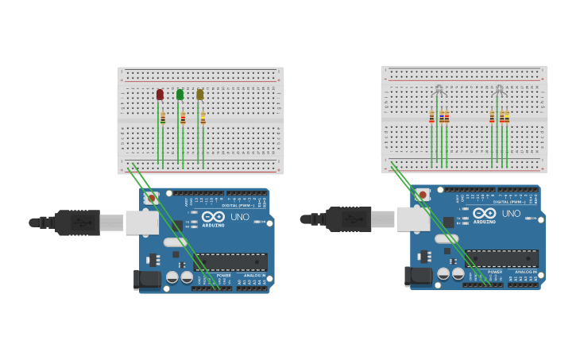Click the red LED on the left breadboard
tap(160, 95)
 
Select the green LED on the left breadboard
tap(180, 95)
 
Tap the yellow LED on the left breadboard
tap(200, 95)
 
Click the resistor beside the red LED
tap(163, 118)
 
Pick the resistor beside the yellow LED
tap(203, 118)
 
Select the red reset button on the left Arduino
tap(152, 197)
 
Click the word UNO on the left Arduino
tap(239, 217)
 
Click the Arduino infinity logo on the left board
tap(213, 216)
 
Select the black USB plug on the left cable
tap(77, 223)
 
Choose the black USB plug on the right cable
tap(348, 219)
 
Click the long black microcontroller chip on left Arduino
tap(231, 262)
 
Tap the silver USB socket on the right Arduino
tap(413, 219)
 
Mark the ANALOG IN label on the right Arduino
tap(524, 272)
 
